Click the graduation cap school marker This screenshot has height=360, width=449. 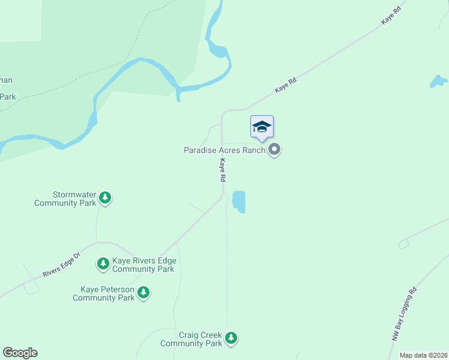coord(262,127)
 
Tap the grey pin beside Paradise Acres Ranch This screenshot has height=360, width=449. coord(274,149)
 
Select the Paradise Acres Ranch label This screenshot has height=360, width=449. coord(224,150)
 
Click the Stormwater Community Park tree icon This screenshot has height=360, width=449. coord(106,197)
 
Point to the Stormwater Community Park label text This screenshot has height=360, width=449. coord(65,199)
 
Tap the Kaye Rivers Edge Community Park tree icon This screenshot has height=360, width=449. coord(103,263)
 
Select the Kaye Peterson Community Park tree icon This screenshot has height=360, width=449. coord(143,292)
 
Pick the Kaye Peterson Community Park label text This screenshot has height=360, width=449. coord(104,293)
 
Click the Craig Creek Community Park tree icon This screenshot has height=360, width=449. coord(231,338)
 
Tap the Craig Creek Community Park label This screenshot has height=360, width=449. coord(191,340)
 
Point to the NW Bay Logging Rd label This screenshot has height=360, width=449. coord(403,314)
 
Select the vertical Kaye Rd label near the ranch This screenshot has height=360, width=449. coord(222,170)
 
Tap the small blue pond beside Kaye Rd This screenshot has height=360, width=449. coord(239,201)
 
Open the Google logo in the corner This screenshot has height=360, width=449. coord(20,353)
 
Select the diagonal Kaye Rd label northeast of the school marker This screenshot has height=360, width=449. coord(286,85)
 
